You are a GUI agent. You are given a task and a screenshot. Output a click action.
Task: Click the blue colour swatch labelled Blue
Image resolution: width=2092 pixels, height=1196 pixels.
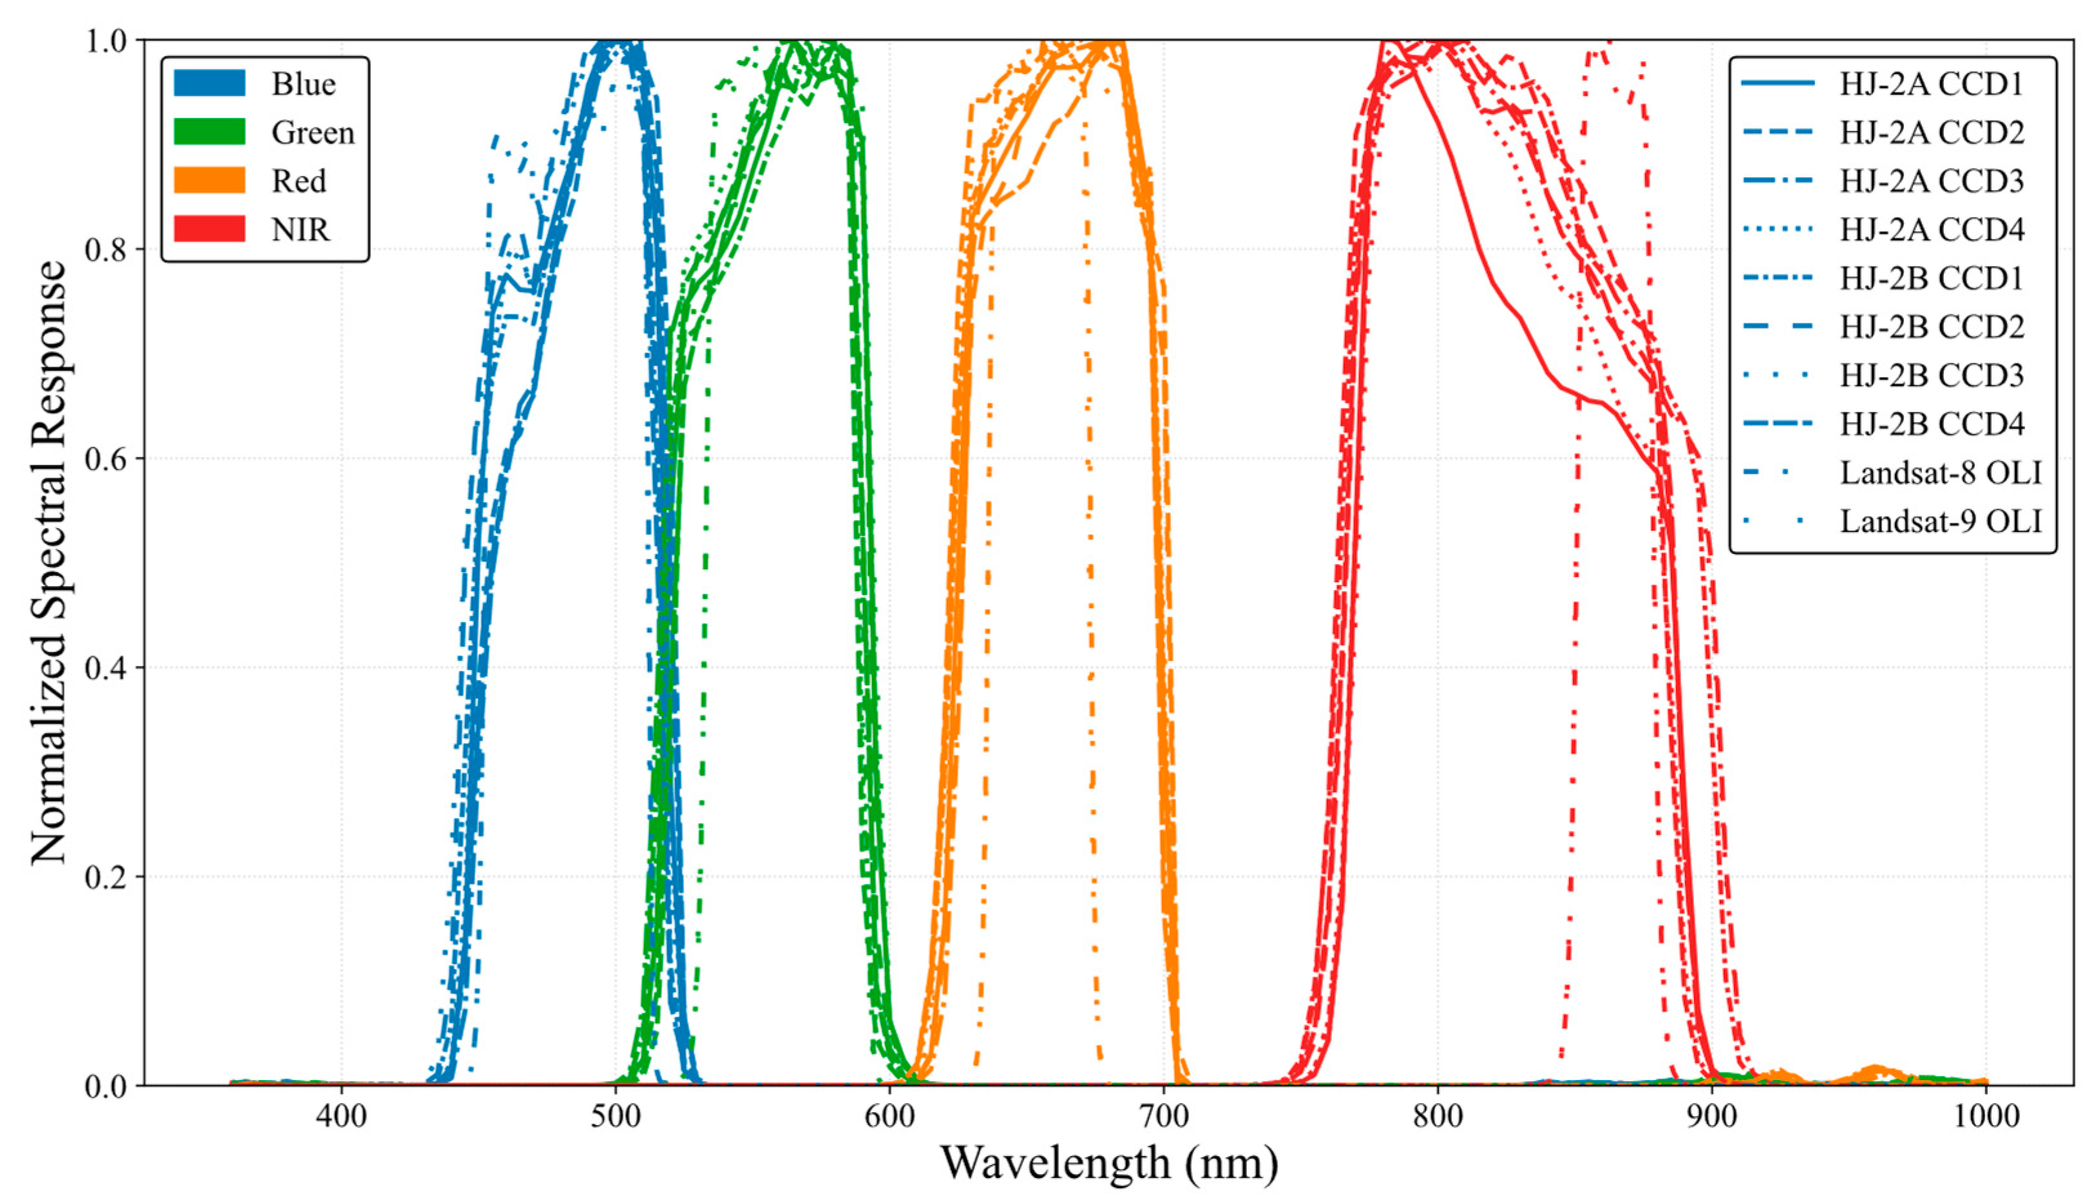[209, 83]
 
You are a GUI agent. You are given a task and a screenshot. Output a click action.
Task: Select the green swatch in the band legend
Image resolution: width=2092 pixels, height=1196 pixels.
[209, 131]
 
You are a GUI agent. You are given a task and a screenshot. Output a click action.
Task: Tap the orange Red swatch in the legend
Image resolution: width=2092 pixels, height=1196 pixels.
[209, 180]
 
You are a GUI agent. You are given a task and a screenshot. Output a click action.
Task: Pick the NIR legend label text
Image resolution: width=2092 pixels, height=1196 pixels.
[301, 230]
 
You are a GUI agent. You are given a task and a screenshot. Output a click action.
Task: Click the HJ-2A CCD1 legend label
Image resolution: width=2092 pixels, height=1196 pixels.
[1931, 84]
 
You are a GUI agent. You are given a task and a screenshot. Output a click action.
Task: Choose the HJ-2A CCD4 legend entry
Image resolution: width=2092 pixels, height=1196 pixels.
[1931, 229]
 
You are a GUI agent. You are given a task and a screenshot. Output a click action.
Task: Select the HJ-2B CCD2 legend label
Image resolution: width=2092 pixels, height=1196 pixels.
[1931, 326]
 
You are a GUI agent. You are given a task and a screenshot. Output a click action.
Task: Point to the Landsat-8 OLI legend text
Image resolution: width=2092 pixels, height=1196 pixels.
[1940, 472]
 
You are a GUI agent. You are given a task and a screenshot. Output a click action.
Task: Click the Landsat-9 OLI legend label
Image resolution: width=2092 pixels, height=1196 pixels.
[1940, 521]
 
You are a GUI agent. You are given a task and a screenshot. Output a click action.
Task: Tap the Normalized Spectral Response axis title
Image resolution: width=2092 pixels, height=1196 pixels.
[50, 563]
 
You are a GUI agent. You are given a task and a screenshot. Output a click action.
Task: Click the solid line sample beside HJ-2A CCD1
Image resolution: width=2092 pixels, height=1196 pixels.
[1780, 84]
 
